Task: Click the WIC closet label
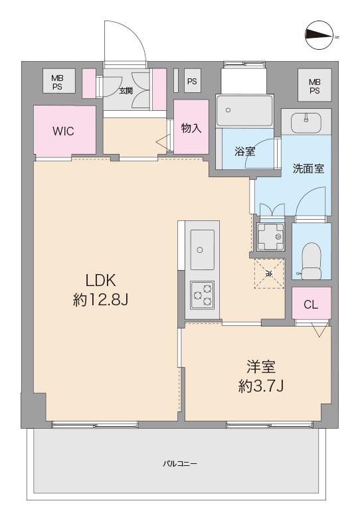click(x=64, y=130)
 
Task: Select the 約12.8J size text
click(x=100, y=300)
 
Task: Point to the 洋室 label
click(x=261, y=366)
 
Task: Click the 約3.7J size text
click(x=261, y=385)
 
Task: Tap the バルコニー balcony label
click(x=180, y=463)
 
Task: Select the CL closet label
click(x=311, y=305)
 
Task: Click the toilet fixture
click(x=310, y=259)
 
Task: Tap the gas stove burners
click(x=201, y=294)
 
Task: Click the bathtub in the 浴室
click(x=244, y=108)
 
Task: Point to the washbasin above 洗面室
click(x=306, y=123)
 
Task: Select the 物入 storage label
click(x=191, y=128)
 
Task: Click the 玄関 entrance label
click(x=126, y=90)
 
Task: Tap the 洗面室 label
click(x=308, y=169)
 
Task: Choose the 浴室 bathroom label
click(x=244, y=151)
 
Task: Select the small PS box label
click(x=192, y=82)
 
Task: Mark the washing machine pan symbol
click(x=270, y=235)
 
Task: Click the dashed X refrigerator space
click(x=269, y=273)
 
